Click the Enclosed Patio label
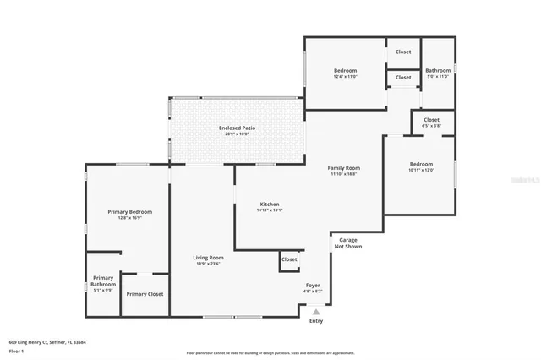(237, 128)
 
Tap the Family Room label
(343, 168)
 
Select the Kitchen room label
(269, 205)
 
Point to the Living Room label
(208, 258)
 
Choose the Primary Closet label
(145, 294)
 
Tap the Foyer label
(313, 286)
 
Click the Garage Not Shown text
(347, 243)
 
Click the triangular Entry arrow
(316, 312)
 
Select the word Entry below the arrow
(316, 321)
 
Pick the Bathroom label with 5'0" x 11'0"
(438, 71)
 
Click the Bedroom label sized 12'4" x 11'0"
(345, 70)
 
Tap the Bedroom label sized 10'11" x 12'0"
(421, 164)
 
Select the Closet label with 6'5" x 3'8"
(431, 120)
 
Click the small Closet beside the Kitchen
(289, 259)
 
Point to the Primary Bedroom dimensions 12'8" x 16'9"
(129, 218)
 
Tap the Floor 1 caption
(17, 351)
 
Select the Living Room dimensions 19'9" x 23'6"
(208, 265)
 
